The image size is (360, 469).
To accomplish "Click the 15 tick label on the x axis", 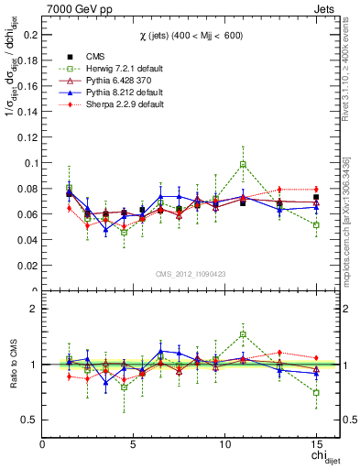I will pyautogui.click(x=316, y=442).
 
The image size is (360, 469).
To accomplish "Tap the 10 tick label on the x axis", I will pyautogui.click(x=225, y=442).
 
